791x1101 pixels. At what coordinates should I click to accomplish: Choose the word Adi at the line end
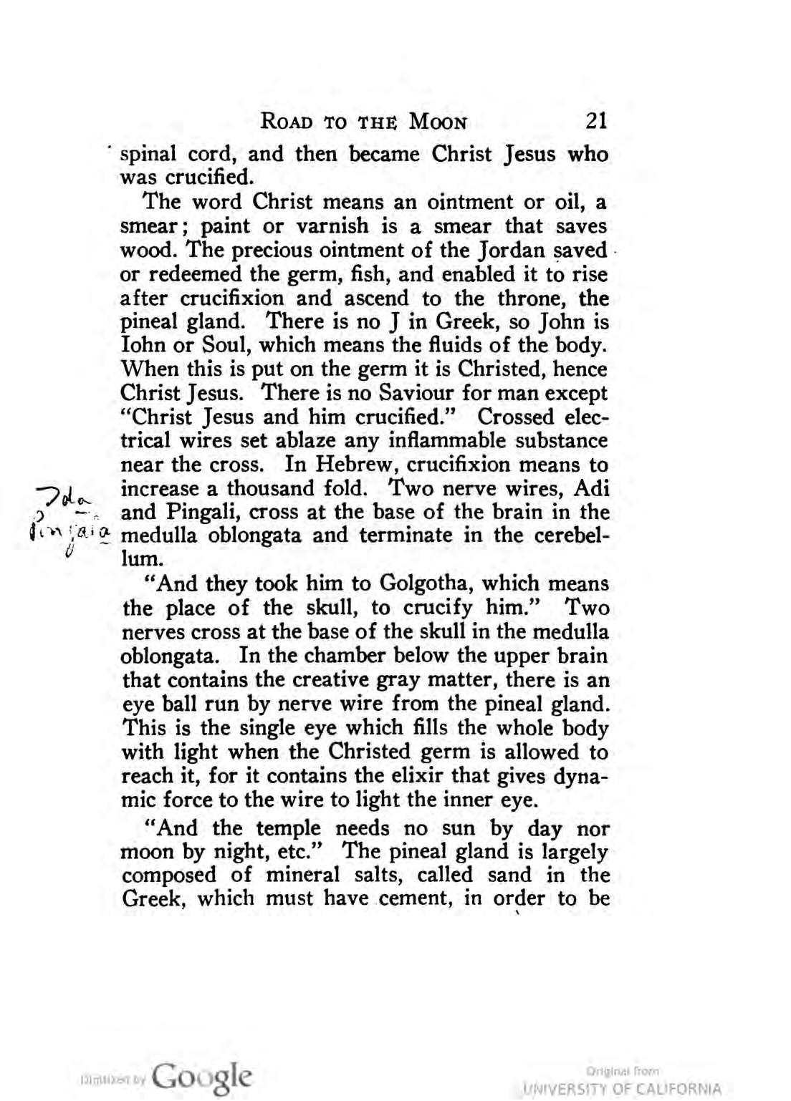tap(591, 489)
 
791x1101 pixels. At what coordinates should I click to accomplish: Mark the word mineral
tap(297, 875)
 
